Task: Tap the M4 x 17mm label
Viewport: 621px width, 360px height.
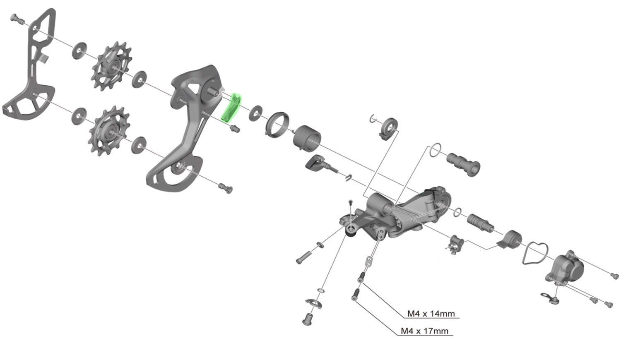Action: coord(424,331)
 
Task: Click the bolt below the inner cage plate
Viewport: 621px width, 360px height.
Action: coord(226,188)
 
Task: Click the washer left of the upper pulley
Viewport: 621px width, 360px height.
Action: coord(79,51)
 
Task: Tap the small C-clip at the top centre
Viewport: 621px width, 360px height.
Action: coord(373,118)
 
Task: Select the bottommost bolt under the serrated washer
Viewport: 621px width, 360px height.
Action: coord(308,319)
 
